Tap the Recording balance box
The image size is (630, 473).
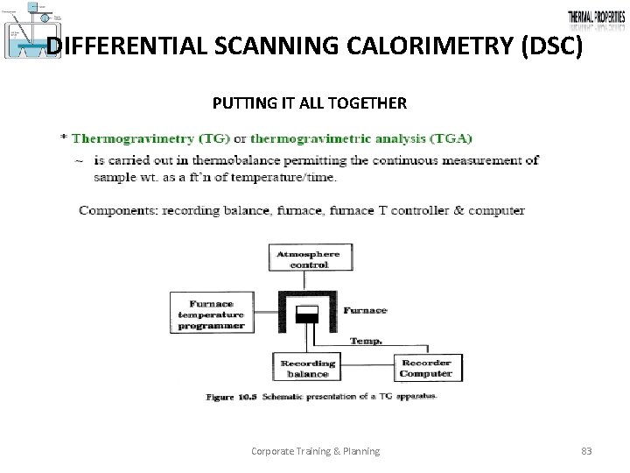(307, 368)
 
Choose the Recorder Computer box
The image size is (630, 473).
(425, 368)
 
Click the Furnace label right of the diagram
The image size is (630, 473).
(365, 310)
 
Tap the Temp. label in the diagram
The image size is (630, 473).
(365, 341)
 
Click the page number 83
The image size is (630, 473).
(586, 451)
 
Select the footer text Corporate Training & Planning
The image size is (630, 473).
(315, 451)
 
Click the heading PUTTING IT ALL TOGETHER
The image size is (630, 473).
(309, 103)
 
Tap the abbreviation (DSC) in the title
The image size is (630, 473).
(549, 47)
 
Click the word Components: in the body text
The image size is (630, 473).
(115, 210)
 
